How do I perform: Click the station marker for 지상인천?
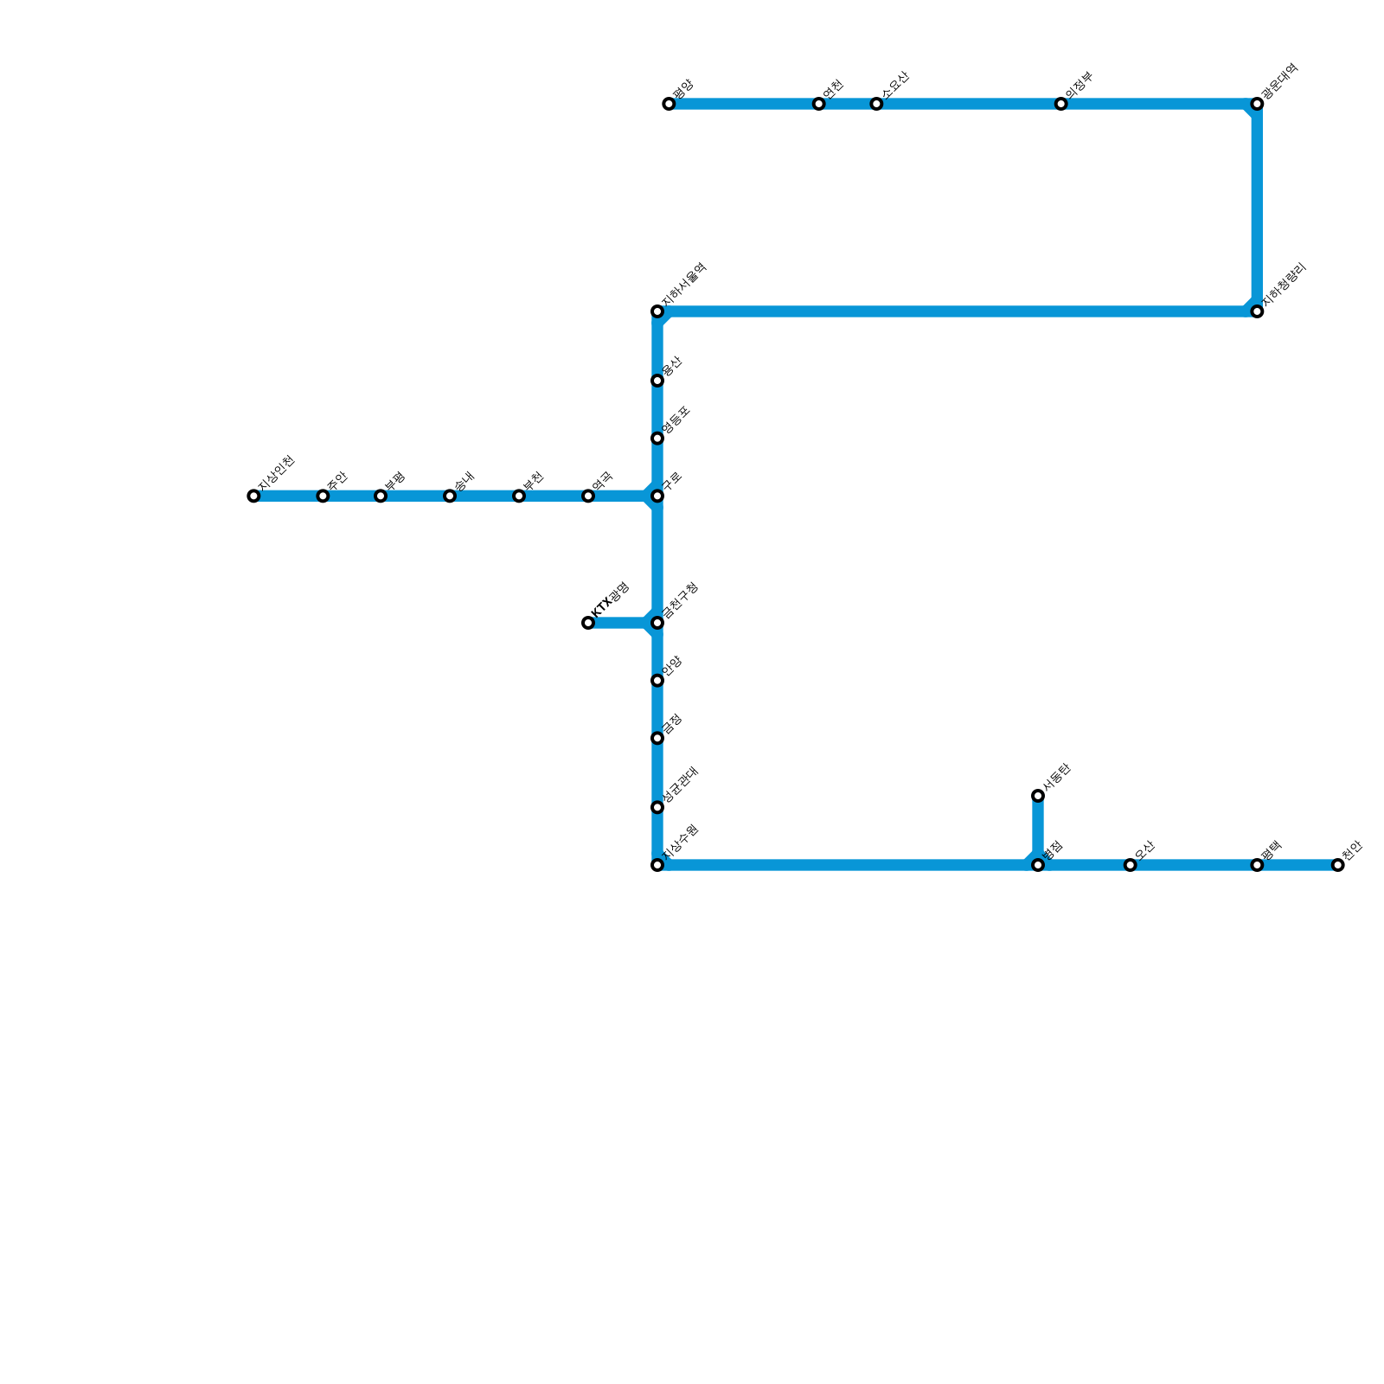(x=253, y=497)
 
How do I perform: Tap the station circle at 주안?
(x=323, y=497)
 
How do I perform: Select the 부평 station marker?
(x=381, y=497)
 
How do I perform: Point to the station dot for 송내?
(x=450, y=497)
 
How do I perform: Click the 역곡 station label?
(x=603, y=481)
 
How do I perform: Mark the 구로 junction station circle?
(x=657, y=497)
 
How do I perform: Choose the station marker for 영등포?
(x=657, y=439)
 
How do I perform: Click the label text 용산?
(x=672, y=367)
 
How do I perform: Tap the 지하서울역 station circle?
(x=657, y=311)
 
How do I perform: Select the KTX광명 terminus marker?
(x=588, y=623)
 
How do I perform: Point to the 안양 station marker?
(x=657, y=681)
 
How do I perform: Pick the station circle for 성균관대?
(x=657, y=808)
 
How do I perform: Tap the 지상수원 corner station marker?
(x=657, y=865)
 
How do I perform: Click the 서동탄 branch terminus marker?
(x=1038, y=796)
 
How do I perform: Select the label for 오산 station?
(x=1145, y=850)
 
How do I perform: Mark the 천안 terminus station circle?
(x=1338, y=865)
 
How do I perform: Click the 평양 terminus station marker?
(x=669, y=105)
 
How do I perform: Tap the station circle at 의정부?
(x=1061, y=105)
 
